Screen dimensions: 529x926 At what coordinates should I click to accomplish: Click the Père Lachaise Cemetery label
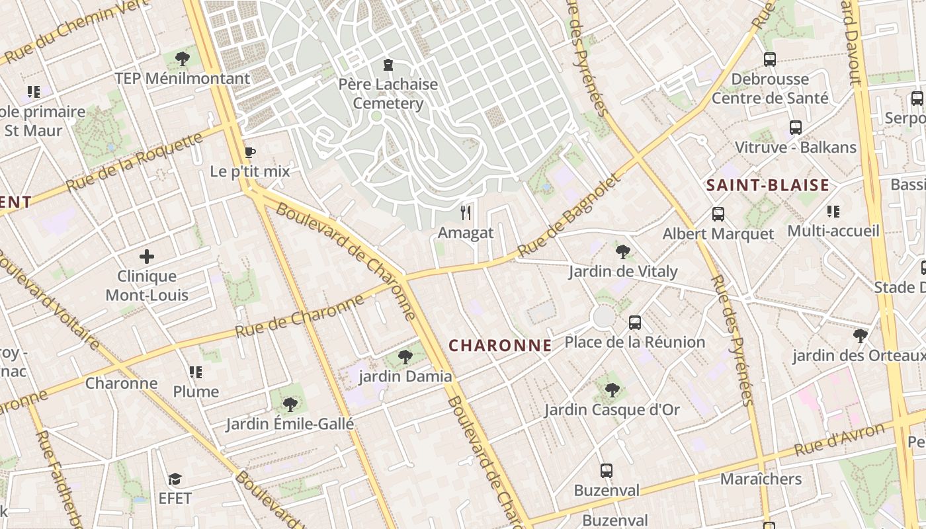pos(388,94)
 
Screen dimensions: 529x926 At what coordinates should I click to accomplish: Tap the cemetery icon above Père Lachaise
pos(388,65)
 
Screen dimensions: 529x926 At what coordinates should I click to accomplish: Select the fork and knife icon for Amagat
pos(466,212)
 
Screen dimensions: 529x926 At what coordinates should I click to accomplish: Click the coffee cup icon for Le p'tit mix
pos(249,153)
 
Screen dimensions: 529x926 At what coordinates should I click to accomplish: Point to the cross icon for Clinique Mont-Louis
pos(147,257)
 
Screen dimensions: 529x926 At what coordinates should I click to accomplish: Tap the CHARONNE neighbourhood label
pos(500,345)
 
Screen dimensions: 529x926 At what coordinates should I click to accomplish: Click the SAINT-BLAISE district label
pos(767,185)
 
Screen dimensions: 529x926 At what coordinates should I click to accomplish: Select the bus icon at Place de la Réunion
pos(635,323)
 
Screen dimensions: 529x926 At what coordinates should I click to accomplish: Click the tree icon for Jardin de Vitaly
pos(622,251)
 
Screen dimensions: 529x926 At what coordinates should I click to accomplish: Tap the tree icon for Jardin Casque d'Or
pos(612,389)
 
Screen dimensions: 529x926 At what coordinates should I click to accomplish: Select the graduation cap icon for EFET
pos(175,478)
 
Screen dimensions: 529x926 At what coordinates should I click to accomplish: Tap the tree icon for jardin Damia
pos(405,357)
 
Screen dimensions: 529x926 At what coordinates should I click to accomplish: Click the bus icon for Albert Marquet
pos(718,214)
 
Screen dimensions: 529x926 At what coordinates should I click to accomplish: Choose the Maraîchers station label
pos(761,479)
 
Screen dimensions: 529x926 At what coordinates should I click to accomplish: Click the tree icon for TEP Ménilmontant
pos(183,59)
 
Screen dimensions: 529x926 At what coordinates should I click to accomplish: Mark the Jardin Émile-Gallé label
pos(290,424)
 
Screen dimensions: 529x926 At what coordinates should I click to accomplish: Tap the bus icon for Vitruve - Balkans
pos(796,128)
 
